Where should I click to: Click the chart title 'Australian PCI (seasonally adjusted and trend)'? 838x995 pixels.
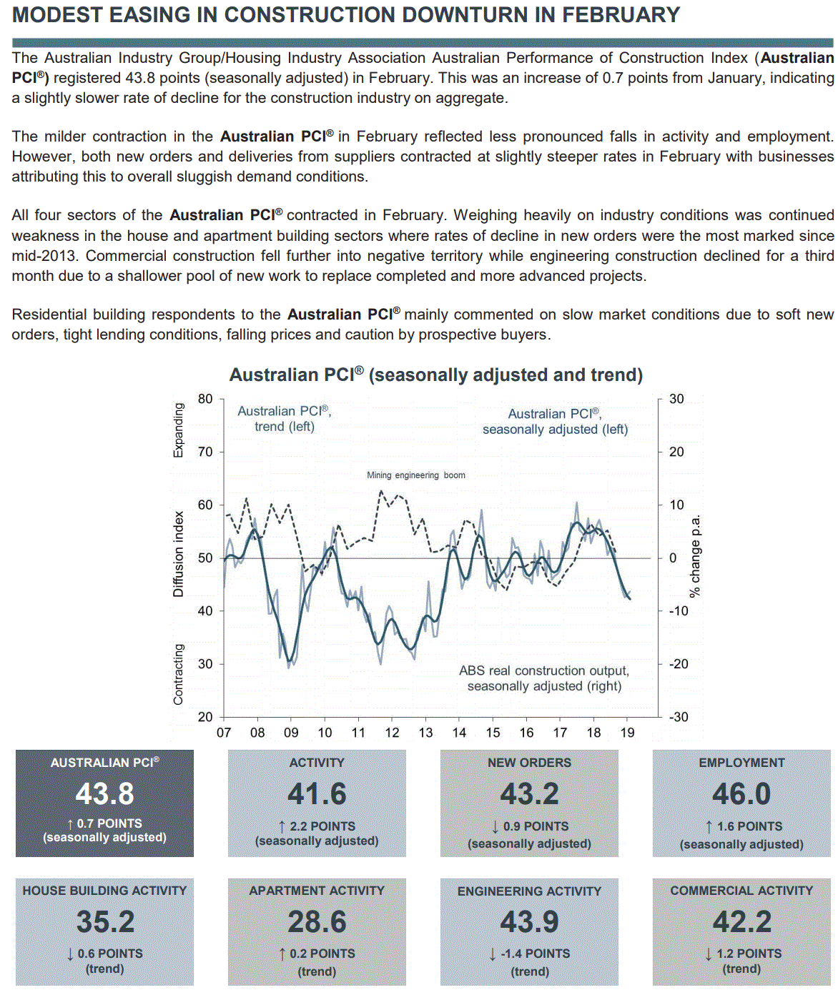[x=435, y=375]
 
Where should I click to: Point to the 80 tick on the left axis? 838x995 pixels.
[x=205, y=399]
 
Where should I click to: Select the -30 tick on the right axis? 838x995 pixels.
[x=678, y=717]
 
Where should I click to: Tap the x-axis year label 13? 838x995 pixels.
[x=425, y=733]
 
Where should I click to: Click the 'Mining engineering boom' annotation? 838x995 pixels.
[x=415, y=475]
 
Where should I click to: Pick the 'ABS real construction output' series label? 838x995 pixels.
[x=544, y=678]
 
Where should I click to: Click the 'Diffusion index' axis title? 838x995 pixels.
[x=178, y=554]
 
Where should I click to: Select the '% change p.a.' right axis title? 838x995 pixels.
[x=695, y=556]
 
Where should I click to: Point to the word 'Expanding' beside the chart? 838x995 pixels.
[x=178, y=430]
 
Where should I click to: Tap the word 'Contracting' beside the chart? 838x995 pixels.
[x=178, y=674]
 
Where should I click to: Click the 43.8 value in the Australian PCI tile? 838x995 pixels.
[x=104, y=794]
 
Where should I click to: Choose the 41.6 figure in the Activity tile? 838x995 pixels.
[x=317, y=794]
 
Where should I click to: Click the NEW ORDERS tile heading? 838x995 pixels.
[x=529, y=763]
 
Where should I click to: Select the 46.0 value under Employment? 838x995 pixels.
[x=741, y=794]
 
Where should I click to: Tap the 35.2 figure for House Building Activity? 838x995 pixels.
[x=105, y=922]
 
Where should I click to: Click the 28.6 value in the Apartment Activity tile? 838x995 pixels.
[x=317, y=922]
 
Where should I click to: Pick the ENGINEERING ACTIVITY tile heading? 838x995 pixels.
[x=529, y=891]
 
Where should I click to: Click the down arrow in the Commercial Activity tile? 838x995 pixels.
[x=708, y=954]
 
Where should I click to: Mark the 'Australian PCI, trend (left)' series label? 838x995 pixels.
[x=285, y=419]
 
